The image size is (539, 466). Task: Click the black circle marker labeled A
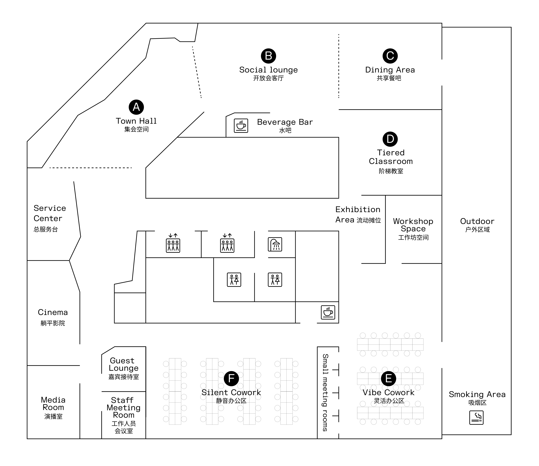pos(136,107)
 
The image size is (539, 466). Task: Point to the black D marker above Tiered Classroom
pos(390,139)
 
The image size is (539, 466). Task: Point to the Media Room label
pos(53,408)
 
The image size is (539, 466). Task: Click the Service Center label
pos(50,218)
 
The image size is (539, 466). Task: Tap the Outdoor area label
pos(477,225)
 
